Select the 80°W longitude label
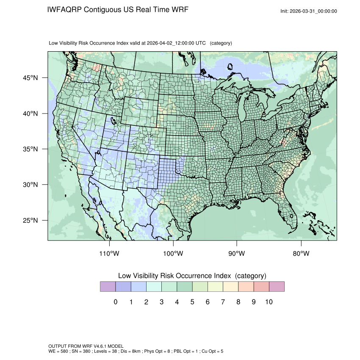tap(301, 254)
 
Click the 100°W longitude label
tap(173, 254)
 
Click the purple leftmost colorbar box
tap(108, 287)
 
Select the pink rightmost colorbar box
tap(277, 287)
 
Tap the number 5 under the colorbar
tap(192, 302)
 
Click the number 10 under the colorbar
tap(269, 302)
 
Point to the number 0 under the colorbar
tap(115, 302)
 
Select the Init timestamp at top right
tap(309, 11)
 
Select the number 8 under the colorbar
tap(238, 302)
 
